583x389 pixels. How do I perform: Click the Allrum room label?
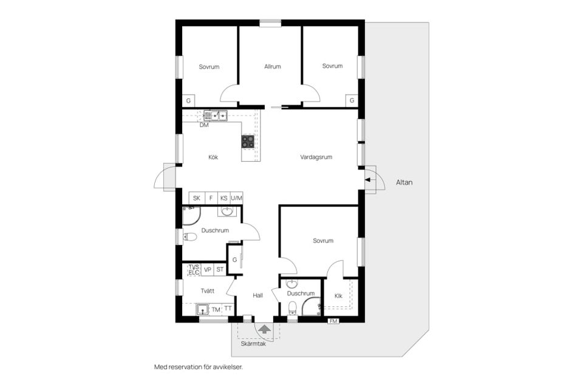tap(273, 67)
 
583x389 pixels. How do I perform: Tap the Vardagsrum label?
tap(316, 157)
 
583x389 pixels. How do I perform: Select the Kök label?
tap(213, 157)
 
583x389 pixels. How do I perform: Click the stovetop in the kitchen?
tap(248, 142)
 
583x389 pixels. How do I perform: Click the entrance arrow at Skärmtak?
tap(264, 329)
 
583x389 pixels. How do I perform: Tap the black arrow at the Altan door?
tap(368, 180)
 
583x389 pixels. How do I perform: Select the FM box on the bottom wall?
tap(333, 321)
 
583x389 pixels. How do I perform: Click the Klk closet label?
tap(338, 296)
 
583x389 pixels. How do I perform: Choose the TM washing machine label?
tap(216, 309)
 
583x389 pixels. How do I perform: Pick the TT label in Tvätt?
tap(228, 309)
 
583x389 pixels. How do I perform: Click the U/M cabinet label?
tap(236, 198)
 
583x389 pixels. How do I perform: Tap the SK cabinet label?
tap(197, 198)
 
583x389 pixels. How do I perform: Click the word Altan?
tap(404, 182)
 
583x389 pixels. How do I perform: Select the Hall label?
tap(257, 295)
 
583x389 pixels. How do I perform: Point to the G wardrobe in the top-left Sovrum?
tap(188, 101)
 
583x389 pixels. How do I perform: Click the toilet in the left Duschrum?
tap(189, 236)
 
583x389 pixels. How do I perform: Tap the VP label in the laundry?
tap(208, 269)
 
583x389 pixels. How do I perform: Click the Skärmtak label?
tap(253, 344)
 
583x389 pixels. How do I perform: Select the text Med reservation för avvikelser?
tap(199, 367)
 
